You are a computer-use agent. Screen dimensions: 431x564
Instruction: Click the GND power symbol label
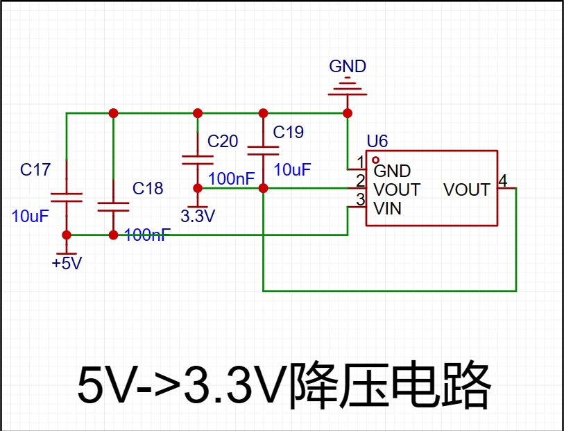tap(348, 67)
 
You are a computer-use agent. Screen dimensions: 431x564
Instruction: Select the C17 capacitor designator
tap(35, 170)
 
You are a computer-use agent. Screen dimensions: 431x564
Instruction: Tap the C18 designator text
tap(148, 188)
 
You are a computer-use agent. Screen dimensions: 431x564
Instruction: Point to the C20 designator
tap(223, 142)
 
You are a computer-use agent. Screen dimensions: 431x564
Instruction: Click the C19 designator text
tap(289, 132)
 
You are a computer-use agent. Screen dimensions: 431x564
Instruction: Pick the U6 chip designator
tap(377, 142)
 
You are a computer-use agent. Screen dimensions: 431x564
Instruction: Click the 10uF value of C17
tap(31, 216)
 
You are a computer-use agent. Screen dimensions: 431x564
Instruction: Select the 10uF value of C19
tap(292, 169)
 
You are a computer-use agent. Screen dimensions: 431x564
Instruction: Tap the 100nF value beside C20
tap(232, 178)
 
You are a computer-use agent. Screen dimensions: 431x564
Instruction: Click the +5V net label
tap(67, 264)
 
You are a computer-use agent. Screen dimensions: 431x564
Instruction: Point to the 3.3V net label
tap(198, 216)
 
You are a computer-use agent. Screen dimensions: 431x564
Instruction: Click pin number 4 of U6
tap(503, 181)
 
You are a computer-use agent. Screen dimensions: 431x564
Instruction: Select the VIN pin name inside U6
tap(388, 208)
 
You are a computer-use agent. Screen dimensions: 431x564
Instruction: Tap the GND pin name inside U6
tap(392, 171)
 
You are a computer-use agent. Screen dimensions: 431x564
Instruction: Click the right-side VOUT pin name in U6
tap(467, 189)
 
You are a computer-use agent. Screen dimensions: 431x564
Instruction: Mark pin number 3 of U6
tap(360, 200)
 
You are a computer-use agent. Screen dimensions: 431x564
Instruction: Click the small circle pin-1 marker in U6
tap(376, 160)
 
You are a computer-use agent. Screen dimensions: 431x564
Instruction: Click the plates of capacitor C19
tap(263, 149)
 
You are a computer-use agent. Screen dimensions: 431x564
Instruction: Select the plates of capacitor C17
tap(67, 197)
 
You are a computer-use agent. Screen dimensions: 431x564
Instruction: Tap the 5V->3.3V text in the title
tap(182, 386)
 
